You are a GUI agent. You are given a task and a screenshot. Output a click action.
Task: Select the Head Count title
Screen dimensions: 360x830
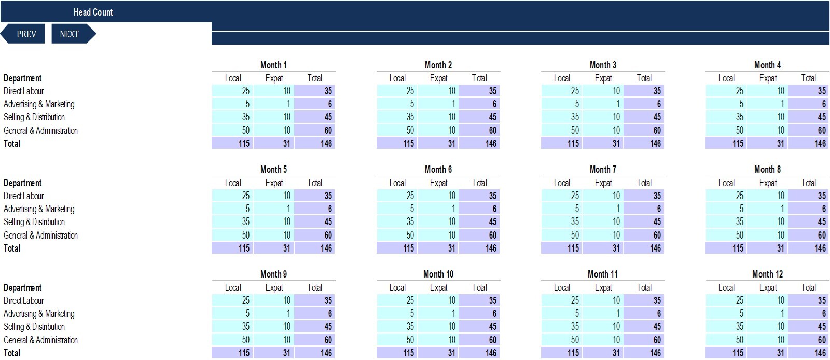[93, 12]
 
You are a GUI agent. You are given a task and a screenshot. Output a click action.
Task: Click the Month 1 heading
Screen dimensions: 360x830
[273, 65]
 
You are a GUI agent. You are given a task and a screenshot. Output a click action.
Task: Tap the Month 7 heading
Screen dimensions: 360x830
[603, 170]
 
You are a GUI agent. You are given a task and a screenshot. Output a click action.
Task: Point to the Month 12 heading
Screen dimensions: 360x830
[767, 274]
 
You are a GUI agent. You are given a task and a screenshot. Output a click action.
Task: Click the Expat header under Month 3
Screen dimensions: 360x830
[603, 78]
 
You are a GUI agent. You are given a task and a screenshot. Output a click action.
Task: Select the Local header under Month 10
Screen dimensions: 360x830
[397, 288]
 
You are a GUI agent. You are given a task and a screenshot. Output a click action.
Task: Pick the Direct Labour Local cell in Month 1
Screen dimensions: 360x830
[232, 91]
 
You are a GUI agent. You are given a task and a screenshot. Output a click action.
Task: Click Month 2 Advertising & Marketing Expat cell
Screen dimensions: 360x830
[438, 104]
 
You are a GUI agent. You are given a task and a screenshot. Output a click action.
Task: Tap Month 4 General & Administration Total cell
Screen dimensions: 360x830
[809, 130]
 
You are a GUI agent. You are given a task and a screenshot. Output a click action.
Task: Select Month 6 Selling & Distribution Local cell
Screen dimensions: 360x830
[397, 222]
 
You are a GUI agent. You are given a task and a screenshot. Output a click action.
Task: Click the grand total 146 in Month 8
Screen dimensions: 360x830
[809, 248]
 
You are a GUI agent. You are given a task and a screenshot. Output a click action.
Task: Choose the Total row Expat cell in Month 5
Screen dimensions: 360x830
[274, 248]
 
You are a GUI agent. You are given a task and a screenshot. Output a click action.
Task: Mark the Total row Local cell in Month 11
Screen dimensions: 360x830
[562, 353]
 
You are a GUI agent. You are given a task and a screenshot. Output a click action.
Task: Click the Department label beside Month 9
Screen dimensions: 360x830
[23, 288]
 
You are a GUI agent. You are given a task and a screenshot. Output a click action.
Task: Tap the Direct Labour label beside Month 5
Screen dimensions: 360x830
[24, 196]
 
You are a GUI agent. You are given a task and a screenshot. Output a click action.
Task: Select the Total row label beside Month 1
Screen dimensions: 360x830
[12, 144]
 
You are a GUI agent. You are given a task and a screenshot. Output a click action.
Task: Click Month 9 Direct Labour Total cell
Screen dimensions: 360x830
[315, 301]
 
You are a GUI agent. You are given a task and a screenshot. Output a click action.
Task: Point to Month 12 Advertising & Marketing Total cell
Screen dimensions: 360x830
[809, 314]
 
